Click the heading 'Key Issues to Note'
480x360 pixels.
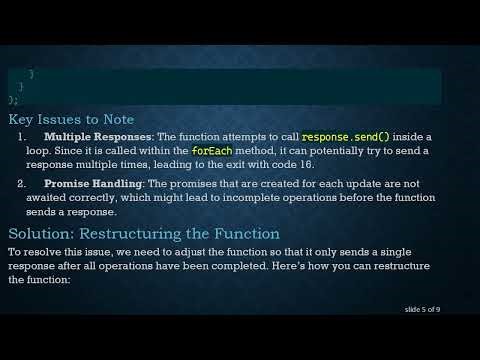[70, 118]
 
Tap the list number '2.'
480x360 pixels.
[23, 184]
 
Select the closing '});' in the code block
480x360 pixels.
[13, 100]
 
